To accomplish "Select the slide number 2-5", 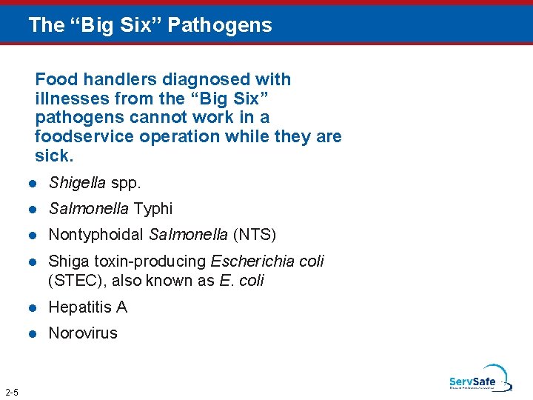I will click(12, 392).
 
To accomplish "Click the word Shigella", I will click(77, 182).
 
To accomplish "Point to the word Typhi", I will click(153, 209).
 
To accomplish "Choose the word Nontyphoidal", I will click(96, 236).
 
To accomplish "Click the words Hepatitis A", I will click(87, 307).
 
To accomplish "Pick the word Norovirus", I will click(83, 333).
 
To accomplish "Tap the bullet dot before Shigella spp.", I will click(33, 183).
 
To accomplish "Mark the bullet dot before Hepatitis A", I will click(33, 307).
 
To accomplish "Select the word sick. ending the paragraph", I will click(54, 156).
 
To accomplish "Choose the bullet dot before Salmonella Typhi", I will click(33, 210).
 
